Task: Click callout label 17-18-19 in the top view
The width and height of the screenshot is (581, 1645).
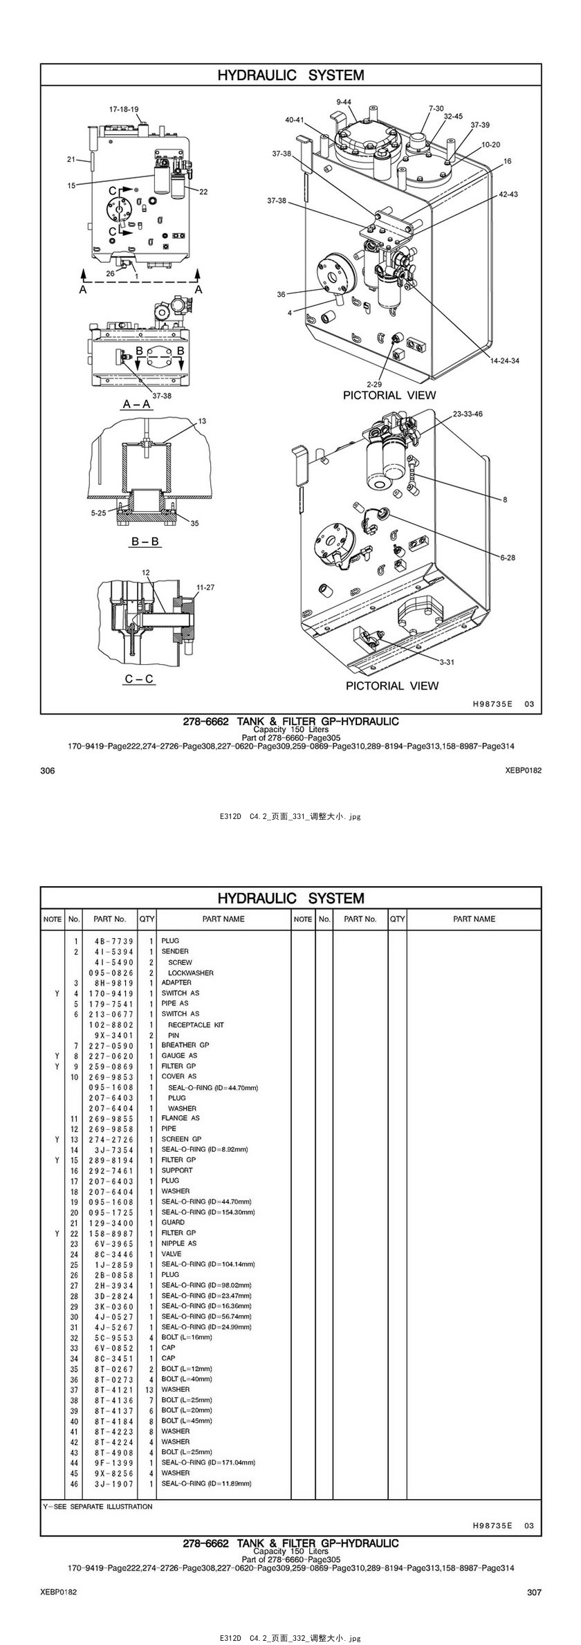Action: pyautogui.click(x=124, y=109)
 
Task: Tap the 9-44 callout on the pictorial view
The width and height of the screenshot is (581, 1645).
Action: pyautogui.click(x=344, y=102)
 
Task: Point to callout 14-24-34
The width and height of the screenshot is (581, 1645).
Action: pyautogui.click(x=505, y=360)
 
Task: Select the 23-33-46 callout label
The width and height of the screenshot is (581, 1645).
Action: pyautogui.click(x=468, y=414)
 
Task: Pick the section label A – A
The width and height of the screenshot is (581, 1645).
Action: pyautogui.click(x=137, y=404)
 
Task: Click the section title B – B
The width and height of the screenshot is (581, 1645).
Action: pyautogui.click(x=146, y=542)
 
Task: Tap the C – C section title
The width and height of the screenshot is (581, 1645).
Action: pyautogui.click(x=139, y=679)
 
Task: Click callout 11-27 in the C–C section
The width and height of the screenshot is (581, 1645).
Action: pyautogui.click(x=205, y=587)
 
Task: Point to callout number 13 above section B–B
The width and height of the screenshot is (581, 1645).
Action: pyautogui.click(x=202, y=421)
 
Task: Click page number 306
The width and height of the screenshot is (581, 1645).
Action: pyautogui.click(x=48, y=771)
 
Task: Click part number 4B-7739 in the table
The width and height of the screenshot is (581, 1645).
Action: pyautogui.click(x=114, y=941)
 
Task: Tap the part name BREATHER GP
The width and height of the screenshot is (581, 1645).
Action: pyautogui.click(x=185, y=1045)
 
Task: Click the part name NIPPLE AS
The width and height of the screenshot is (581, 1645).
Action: pyautogui.click(x=179, y=1243)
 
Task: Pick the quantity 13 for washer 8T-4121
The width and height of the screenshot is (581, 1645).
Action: pyautogui.click(x=149, y=1389)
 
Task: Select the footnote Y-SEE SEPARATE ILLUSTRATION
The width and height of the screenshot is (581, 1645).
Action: pyautogui.click(x=98, y=1506)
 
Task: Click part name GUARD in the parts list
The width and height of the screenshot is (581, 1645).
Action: pyautogui.click(x=173, y=1222)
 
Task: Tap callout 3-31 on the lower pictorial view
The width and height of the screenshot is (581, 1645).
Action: pyautogui.click(x=447, y=662)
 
